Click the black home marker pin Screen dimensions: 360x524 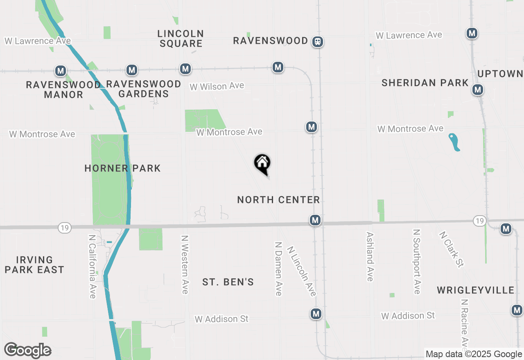point(262,164)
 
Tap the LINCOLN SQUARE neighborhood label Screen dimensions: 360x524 point(181,38)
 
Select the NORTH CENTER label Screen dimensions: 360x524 point(278,200)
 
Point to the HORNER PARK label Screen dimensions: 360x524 point(122,168)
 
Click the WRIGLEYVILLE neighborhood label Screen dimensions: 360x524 point(475,290)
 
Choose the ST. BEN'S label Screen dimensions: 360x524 point(228,282)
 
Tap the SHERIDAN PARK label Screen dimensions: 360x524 point(425,83)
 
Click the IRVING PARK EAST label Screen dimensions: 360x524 point(40,265)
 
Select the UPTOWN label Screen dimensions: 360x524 point(500,74)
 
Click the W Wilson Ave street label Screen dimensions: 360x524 point(217,86)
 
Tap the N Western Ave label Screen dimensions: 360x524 point(185,264)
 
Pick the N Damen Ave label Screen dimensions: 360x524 point(279,268)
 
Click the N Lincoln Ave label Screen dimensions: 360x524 point(301,271)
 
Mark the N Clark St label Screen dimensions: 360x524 point(451,250)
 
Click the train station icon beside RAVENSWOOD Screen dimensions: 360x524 point(318,41)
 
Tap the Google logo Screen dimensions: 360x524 point(27,350)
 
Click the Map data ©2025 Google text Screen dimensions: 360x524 point(473,354)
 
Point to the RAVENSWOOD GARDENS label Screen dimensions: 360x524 point(143,89)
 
